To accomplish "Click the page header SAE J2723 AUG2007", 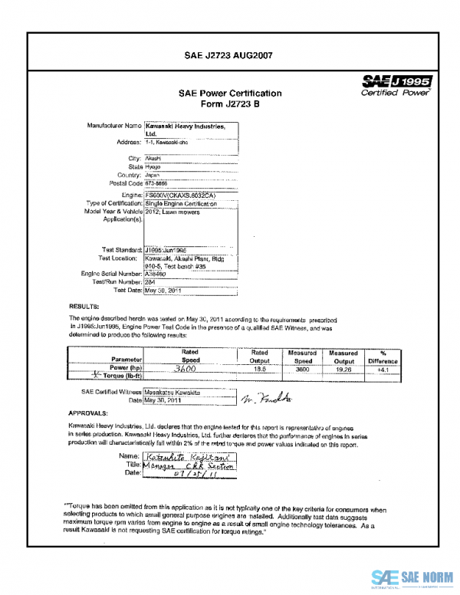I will [229, 55].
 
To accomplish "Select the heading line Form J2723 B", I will [230, 105].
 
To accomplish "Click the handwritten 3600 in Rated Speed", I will [187, 368].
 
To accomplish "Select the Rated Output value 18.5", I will [260, 368].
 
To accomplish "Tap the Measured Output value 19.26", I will [339, 368].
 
